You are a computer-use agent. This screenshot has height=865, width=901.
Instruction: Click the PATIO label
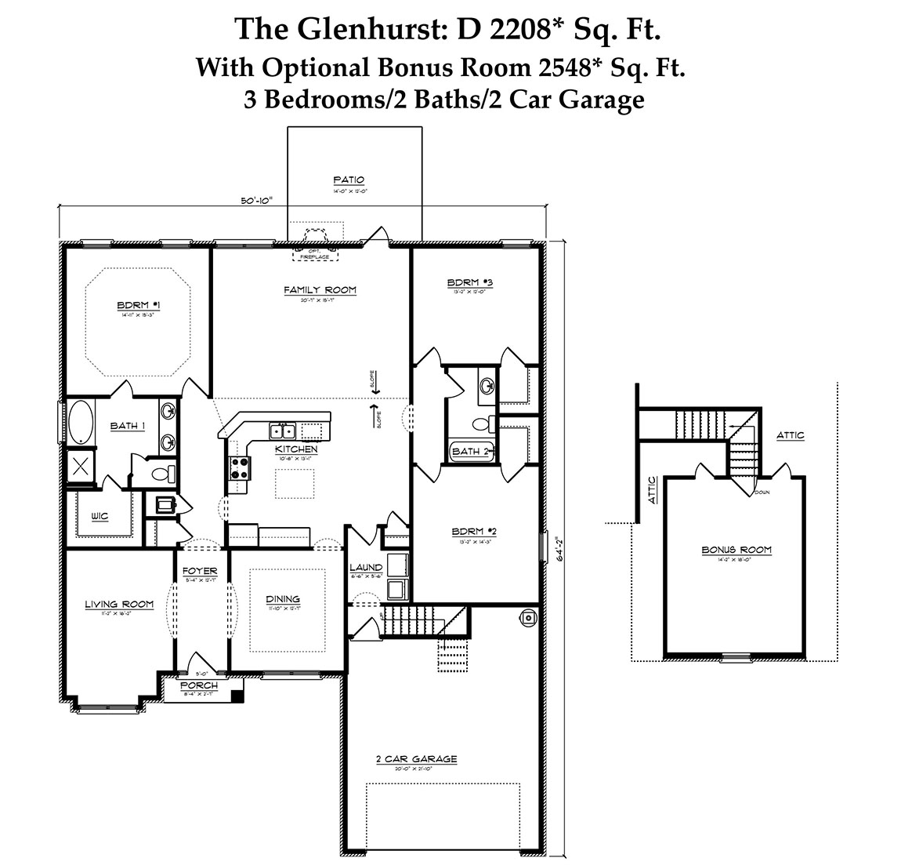[x=349, y=180]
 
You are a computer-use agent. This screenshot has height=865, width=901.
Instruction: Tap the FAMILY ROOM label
[x=320, y=290]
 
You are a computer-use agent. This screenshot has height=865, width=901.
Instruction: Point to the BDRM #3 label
[x=469, y=282]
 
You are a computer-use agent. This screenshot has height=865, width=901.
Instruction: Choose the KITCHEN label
[x=296, y=449]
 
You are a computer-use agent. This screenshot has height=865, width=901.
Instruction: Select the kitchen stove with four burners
[x=239, y=468]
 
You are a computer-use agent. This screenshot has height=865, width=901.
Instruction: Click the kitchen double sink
[x=282, y=431]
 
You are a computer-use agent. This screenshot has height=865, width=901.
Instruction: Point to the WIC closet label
[x=99, y=516]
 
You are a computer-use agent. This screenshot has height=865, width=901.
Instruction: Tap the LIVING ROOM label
[x=119, y=604]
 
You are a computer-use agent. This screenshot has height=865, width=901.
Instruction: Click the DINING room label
[x=282, y=599]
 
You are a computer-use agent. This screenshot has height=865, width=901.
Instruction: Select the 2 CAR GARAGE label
[x=416, y=759]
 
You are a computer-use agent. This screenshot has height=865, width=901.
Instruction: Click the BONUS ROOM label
[x=736, y=551]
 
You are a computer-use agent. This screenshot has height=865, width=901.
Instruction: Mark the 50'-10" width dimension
[x=255, y=201]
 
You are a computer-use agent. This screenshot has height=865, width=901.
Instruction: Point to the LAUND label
[x=365, y=568]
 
